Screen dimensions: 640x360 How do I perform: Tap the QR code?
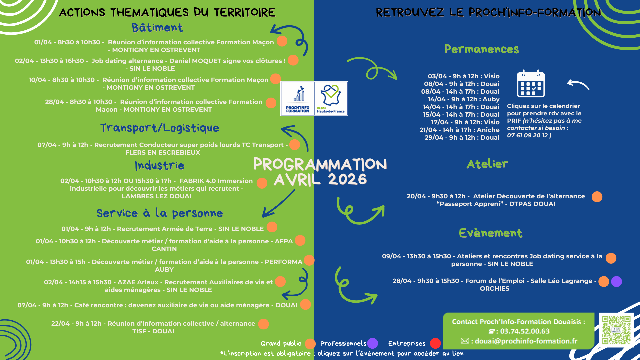pos(616,330)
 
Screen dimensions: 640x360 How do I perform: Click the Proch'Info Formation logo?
pos(298,99)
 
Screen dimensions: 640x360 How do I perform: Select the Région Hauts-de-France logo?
pos(331,99)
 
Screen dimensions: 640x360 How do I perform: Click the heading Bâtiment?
pos(157,28)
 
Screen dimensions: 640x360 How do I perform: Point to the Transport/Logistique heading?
pos(160,128)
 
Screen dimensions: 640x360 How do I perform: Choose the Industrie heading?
pos(160,165)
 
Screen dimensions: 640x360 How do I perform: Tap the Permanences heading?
pos(482,49)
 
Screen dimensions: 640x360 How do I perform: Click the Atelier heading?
pos(487,164)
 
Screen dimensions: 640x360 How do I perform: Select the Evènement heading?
pos(491,233)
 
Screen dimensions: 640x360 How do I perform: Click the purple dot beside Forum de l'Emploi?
pos(616,281)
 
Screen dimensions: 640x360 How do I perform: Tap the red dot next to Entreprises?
pos(435,343)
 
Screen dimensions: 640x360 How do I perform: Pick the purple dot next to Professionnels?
pos(373,343)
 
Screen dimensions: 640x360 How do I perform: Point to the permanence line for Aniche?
pos(460,130)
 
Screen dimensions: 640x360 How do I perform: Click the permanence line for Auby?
pos(464,99)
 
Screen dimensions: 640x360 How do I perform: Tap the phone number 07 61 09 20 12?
pos(528,135)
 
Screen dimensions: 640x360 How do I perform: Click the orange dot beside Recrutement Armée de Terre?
pos(272,227)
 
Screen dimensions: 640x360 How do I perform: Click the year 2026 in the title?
pos(347,179)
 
